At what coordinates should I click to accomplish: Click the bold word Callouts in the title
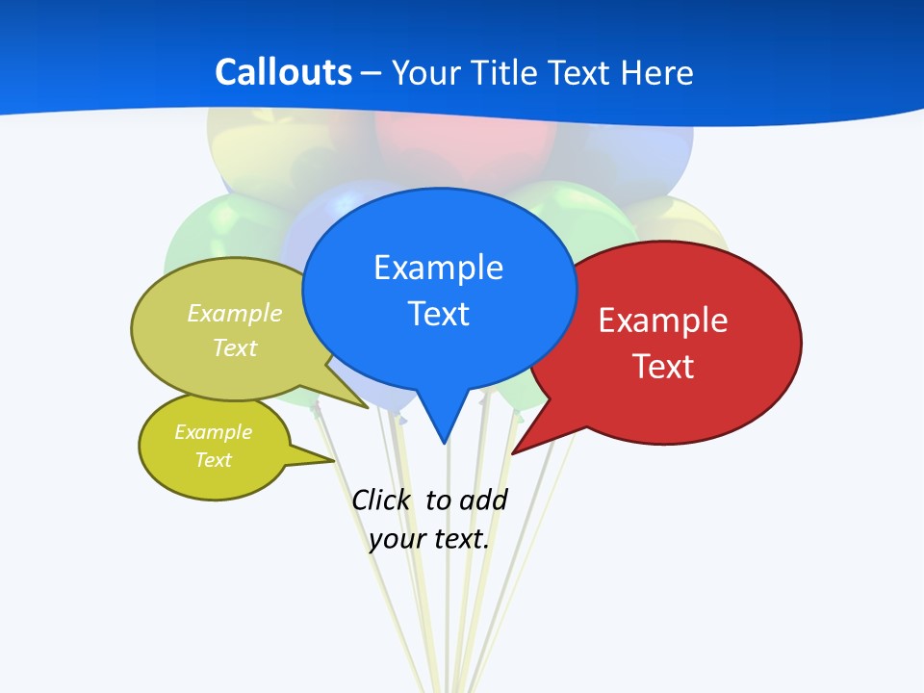pyautogui.click(x=283, y=72)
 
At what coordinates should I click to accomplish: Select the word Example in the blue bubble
pyautogui.click(x=438, y=268)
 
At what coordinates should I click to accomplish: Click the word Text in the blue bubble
pyautogui.click(x=438, y=314)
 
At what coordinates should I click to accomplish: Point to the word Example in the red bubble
pyautogui.click(x=663, y=321)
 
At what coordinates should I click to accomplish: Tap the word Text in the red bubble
pyautogui.click(x=663, y=367)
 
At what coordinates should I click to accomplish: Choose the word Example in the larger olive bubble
pyautogui.click(x=235, y=313)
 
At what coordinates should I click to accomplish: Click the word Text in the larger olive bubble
pyautogui.click(x=235, y=347)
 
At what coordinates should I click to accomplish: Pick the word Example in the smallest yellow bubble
pyautogui.click(x=213, y=432)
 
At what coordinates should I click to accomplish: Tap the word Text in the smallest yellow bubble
pyautogui.click(x=213, y=460)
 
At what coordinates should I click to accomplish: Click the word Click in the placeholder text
pyautogui.click(x=380, y=500)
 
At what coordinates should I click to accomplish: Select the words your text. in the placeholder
pyautogui.click(x=429, y=539)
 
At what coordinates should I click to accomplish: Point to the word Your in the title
pyautogui.click(x=425, y=72)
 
